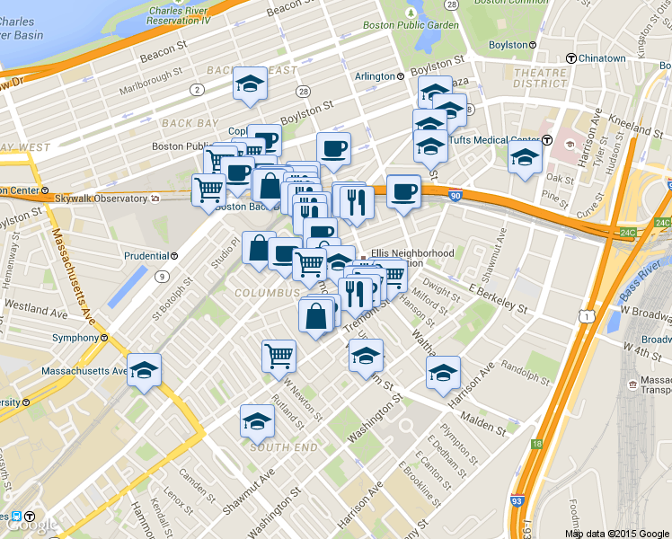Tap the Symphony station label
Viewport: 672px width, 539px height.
click(x=75, y=338)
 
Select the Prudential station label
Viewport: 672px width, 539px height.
click(x=146, y=255)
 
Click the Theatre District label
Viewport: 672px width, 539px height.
click(x=539, y=78)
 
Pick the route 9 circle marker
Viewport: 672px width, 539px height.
click(x=162, y=276)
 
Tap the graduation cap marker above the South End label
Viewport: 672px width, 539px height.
click(x=257, y=420)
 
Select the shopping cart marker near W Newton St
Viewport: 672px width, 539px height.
click(x=279, y=356)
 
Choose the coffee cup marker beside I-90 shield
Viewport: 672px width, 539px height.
click(x=403, y=190)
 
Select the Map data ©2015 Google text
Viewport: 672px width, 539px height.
click(x=617, y=534)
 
